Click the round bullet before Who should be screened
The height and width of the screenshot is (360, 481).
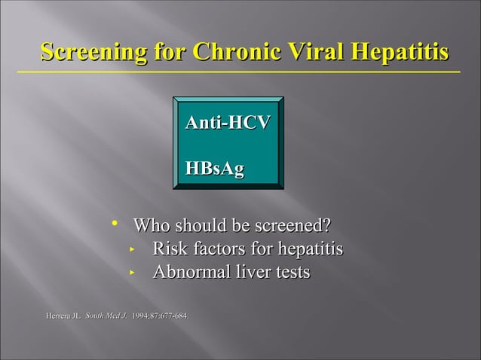point(115,223)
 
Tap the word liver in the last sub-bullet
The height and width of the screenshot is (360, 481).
point(256,273)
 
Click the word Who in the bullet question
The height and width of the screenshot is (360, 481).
point(152,226)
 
